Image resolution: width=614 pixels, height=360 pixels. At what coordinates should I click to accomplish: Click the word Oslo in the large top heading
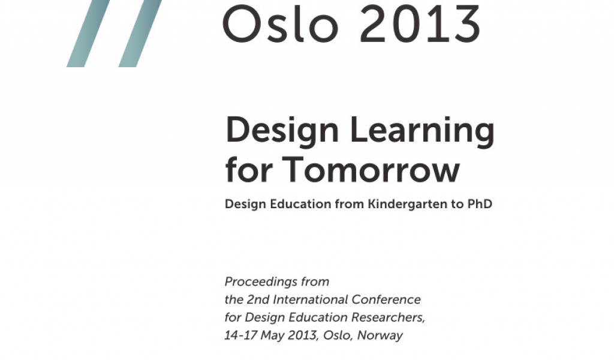tap(281, 23)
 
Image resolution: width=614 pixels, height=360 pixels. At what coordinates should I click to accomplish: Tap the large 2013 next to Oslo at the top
tap(420, 23)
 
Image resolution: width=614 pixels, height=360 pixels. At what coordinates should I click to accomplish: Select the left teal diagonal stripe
tap(88, 33)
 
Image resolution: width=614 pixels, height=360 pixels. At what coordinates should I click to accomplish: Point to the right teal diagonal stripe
tap(140, 33)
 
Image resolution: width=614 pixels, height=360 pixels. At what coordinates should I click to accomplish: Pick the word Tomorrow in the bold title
tap(371, 170)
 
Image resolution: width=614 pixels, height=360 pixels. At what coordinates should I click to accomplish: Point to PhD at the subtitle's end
tap(480, 203)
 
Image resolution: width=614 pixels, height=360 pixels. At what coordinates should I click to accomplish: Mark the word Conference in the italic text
tap(386, 299)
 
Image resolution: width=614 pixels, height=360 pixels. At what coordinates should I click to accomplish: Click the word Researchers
tap(388, 317)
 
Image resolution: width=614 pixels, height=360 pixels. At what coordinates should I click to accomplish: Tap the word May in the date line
tap(272, 336)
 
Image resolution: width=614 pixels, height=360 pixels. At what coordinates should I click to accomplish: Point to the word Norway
tap(380, 336)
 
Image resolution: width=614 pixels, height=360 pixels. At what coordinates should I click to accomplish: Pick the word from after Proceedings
tap(315, 282)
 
